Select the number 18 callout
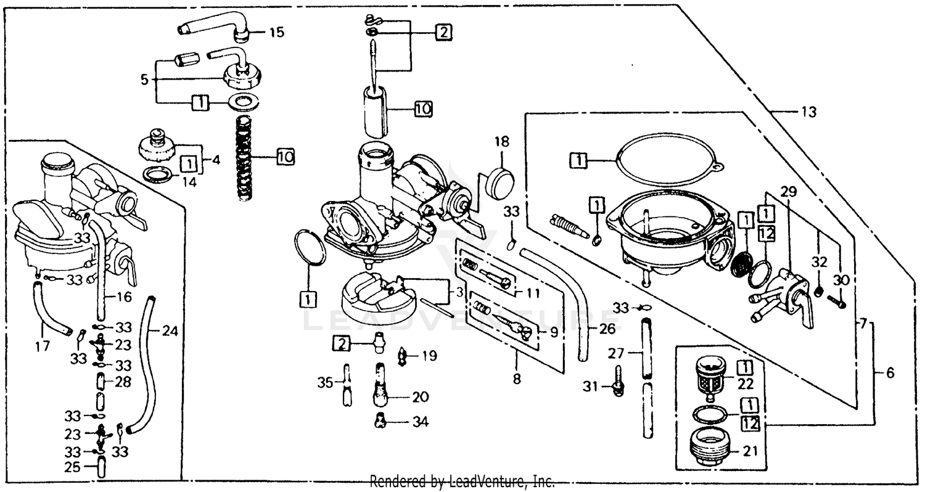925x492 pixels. point(501,142)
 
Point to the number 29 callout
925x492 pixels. point(788,192)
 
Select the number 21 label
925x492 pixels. point(750,451)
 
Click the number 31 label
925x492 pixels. point(591,386)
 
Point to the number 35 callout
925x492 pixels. point(325,383)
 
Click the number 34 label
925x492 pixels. point(421,422)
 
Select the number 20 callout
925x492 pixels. point(422,397)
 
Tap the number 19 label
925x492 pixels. point(430,355)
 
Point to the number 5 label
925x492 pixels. point(144,80)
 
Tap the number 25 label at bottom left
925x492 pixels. point(73,467)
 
